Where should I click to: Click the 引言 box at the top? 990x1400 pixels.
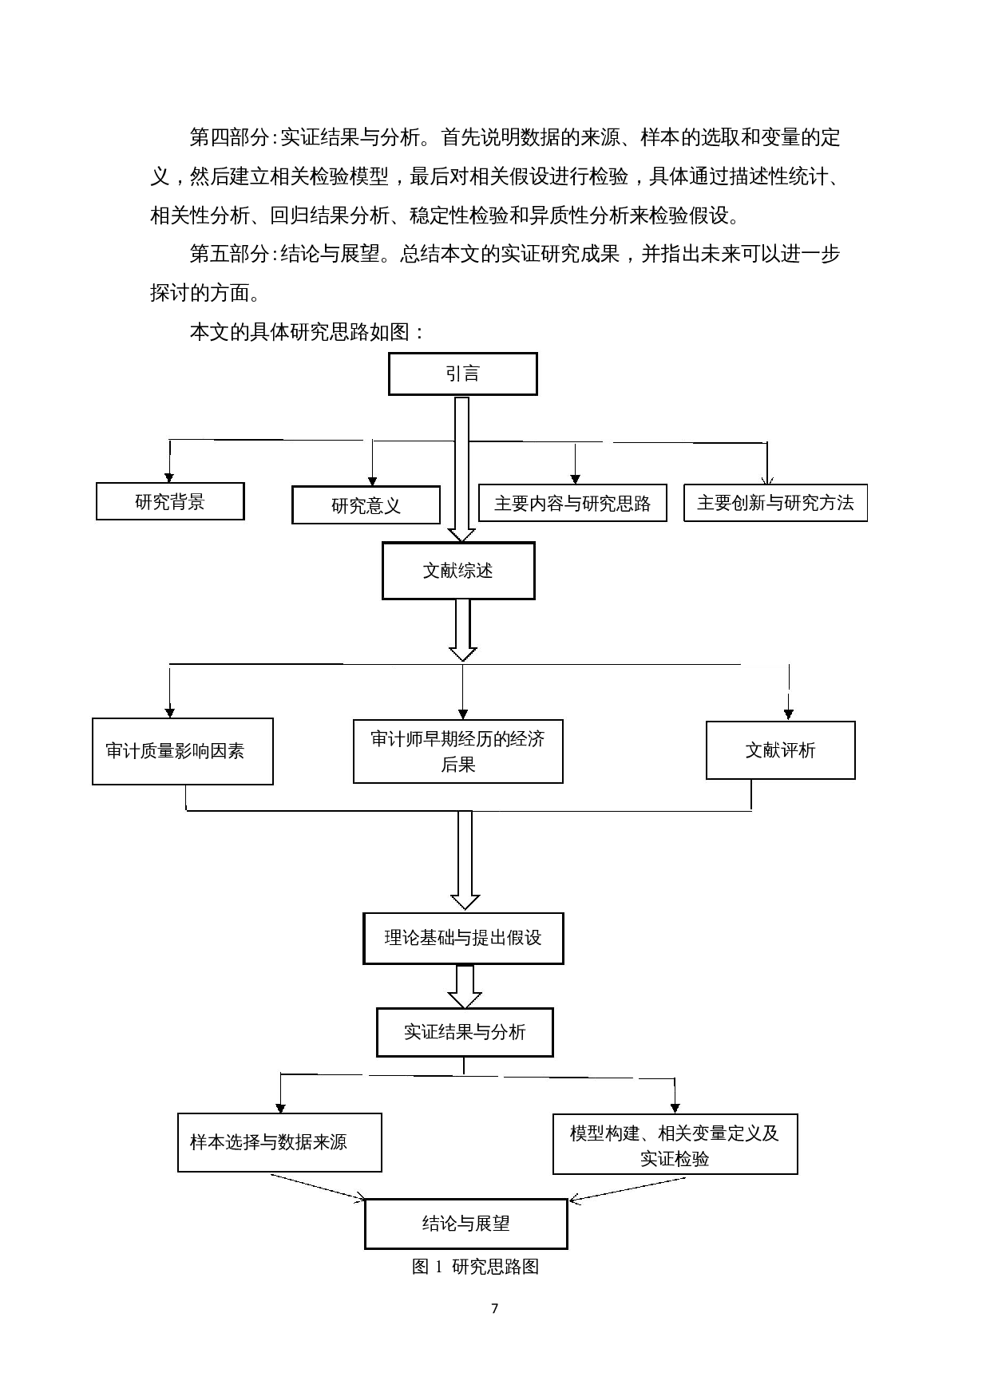(x=462, y=374)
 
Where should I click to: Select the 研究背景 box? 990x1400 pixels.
(x=170, y=501)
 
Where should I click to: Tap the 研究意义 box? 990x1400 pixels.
(x=366, y=505)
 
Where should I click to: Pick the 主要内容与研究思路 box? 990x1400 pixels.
(x=572, y=504)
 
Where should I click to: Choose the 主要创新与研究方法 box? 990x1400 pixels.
(x=775, y=503)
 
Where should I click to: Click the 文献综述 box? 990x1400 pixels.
(x=457, y=571)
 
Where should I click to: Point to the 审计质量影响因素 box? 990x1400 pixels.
(x=182, y=751)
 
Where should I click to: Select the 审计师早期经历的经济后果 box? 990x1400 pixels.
(x=457, y=751)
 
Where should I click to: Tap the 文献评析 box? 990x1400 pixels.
(x=780, y=750)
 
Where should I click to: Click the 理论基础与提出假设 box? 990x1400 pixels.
(x=463, y=938)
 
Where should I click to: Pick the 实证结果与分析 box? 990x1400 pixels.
(x=464, y=1032)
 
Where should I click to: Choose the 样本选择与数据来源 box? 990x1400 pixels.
(x=279, y=1142)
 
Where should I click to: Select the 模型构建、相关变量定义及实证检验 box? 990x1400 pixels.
(x=675, y=1145)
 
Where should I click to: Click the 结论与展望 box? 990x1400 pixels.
(x=465, y=1223)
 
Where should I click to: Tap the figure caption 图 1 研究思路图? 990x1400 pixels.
(x=475, y=1267)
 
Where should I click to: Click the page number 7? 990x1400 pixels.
(x=494, y=1308)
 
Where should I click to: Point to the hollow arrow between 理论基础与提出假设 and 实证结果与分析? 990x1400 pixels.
(x=464, y=987)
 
